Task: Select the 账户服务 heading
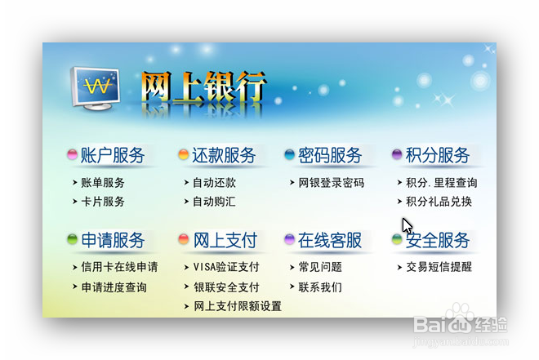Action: point(113,155)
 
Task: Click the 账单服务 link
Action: point(103,183)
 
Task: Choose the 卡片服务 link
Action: point(103,202)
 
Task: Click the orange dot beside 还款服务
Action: point(183,155)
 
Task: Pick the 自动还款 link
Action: point(214,183)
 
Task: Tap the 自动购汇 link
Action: point(214,202)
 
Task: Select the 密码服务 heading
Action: point(330,155)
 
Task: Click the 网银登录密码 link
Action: point(332,183)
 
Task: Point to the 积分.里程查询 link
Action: point(442,183)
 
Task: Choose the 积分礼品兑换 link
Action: point(439,202)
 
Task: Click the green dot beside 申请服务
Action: point(72,240)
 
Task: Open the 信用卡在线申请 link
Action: point(119,267)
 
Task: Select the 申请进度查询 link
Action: point(114,287)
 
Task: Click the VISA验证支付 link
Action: point(226,267)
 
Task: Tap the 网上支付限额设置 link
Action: point(238,306)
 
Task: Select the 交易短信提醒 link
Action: point(439,267)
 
